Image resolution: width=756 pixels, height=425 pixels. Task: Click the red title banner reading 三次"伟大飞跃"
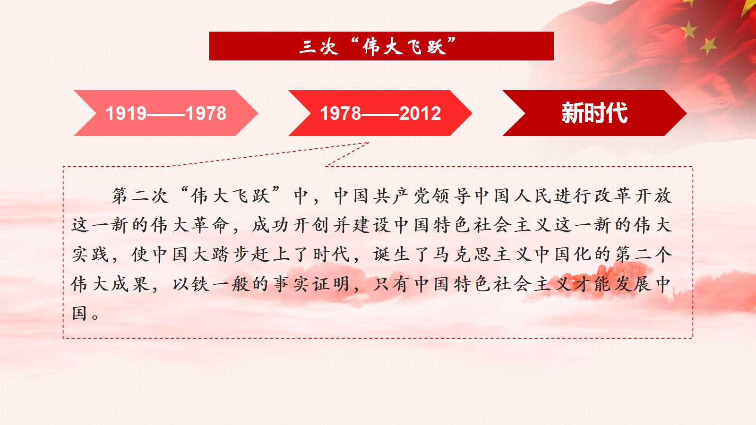pyautogui.click(x=381, y=46)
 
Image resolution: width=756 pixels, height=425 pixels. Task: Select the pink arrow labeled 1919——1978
pyautogui.click(x=166, y=113)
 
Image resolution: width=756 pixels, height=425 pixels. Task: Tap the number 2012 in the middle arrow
pyautogui.click(x=420, y=113)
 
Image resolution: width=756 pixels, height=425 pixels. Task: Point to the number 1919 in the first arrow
pyautogui.click(x=126, y=113)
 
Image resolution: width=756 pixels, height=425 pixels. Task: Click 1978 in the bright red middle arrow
pyautogui.click(x=341, y=113)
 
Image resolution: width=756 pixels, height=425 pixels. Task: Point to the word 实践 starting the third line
pyautogui.click(x=90, y=255)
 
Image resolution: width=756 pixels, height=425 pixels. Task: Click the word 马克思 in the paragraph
pyautogui.click(x=461, y=255)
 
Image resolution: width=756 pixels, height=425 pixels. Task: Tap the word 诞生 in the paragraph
pyautogui.click(x=391, y=255)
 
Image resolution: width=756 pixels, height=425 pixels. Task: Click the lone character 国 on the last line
pyautogui.click(x=79, y=313)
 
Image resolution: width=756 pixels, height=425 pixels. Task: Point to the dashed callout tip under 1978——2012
pyautogui.click(x=369, y=143)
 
